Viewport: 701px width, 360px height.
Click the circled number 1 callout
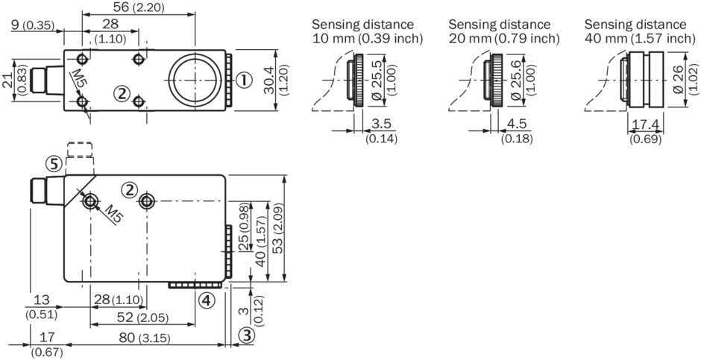point(242,79)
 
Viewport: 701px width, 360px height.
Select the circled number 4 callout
point(207,301)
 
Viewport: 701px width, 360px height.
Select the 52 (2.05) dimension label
point(142,318)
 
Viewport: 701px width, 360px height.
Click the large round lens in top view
point(195,78)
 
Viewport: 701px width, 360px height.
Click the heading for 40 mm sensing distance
point(639,31)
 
